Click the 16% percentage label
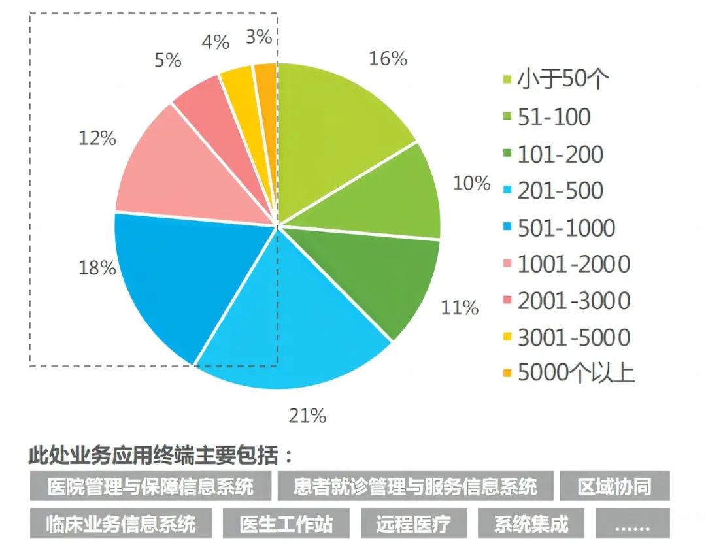(388, 59)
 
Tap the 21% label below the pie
(307, 415)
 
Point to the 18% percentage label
(97, 268)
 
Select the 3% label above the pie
(259, 37)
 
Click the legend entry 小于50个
(563, 80)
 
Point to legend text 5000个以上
(576, 373)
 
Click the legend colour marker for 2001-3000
(507, 301)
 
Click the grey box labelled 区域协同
(614, 487)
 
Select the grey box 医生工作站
(286, 523)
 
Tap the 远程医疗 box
(412, 523)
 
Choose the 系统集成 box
(531, 523)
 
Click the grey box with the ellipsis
(632, 523)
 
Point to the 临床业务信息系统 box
(121, 523)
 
